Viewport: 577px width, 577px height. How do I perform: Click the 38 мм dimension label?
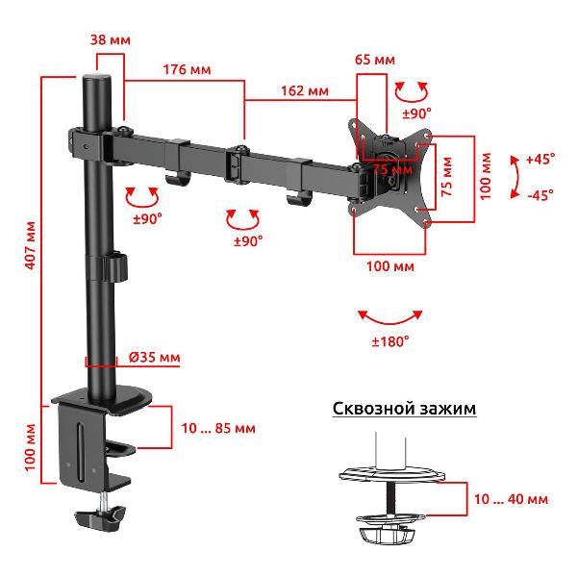[x=111, y=39]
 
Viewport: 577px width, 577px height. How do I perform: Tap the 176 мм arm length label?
[x=187, y=69]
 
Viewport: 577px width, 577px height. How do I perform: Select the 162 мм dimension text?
[x=305, y=91]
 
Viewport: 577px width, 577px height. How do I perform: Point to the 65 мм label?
[x=375, y=60]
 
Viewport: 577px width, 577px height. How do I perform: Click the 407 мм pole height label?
[x=31, y=245]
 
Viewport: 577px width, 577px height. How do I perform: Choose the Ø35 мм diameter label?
[x=155, y=358]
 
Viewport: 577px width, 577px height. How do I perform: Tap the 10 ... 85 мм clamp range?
[x=218, y=428]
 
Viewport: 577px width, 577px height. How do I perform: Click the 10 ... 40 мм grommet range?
[x=511, y=499]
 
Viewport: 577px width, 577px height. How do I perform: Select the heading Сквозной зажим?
[x=405, y=409]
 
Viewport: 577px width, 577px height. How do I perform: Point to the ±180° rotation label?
[x=390, y=341]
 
